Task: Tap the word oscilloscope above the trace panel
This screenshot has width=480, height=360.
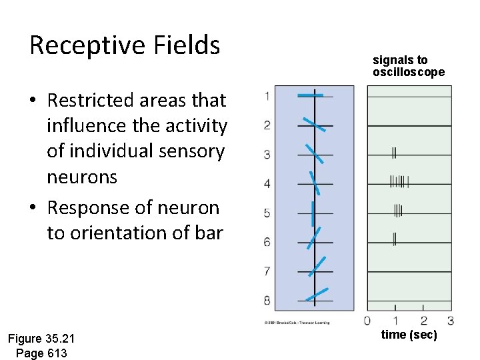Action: coord(408,72)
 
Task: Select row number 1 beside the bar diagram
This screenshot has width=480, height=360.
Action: coord(267,96)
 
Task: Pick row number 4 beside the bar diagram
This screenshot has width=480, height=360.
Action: coord(267,183)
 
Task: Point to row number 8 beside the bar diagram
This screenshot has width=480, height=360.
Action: coord(267,300)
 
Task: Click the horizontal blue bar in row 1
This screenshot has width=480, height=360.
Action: coord(311,96)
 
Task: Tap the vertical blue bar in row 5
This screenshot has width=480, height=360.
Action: coord(312,213)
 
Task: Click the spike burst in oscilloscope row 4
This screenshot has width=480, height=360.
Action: coord(399,181)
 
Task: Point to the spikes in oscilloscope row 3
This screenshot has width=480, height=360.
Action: coord(394,153)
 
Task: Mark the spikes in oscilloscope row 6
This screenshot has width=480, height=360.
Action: coord(394,238)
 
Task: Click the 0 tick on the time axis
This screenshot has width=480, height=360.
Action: coord(367,321)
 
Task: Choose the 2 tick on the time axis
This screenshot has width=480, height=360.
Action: coord(423,321)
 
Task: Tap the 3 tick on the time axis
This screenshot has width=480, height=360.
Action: coord(451,321)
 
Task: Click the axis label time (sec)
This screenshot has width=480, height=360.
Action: coord(409,335)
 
